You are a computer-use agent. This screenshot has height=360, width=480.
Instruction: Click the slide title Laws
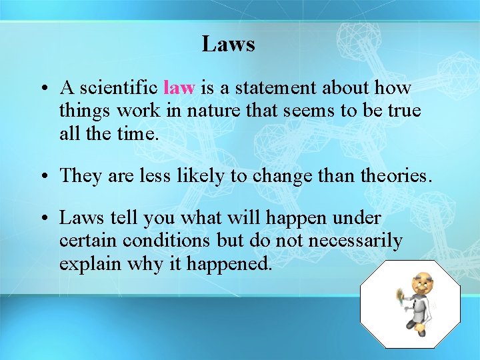point(229,44)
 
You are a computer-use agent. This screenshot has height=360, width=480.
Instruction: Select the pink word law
point(179,88)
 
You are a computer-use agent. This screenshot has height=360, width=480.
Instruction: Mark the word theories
point(396,175)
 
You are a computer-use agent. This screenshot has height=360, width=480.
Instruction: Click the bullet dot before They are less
point(42,176)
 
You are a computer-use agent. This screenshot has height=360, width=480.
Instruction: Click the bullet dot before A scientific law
point(42,89)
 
